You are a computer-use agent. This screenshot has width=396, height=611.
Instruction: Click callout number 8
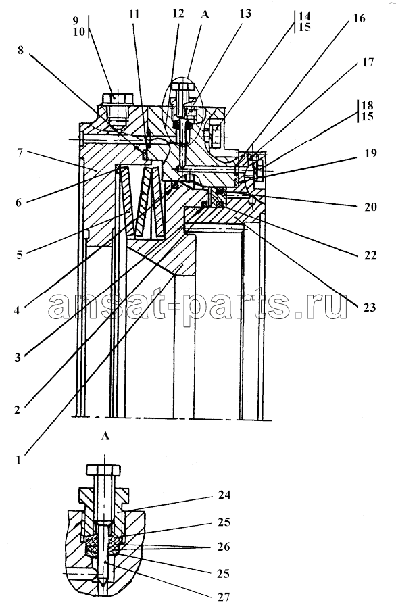[20, 50]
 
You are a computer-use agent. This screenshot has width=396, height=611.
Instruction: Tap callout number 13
[245, 14]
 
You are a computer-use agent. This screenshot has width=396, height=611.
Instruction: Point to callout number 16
[360, 18]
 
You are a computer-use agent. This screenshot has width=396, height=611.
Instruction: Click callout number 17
[368, 62]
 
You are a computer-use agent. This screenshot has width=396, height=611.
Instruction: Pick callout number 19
[371, 153]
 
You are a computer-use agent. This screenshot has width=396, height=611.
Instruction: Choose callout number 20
[371, 207]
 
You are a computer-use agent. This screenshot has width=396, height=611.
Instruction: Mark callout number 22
[370, 255]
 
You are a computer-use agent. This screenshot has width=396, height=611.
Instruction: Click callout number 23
[370, 308]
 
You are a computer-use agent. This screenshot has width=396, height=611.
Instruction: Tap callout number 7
[20, 152]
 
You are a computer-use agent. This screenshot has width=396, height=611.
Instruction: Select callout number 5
[19, 255]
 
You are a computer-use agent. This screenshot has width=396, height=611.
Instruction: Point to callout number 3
[18, 357]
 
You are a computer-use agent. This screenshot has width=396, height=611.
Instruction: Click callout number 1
[18, 460]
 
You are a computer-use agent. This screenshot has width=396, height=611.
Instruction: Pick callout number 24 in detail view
[224, 495]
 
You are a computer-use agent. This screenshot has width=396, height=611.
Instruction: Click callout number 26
[224, 547]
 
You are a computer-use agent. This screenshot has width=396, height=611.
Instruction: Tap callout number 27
[224, 596]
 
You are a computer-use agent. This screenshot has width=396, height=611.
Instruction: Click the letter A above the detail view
[105, 436]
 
